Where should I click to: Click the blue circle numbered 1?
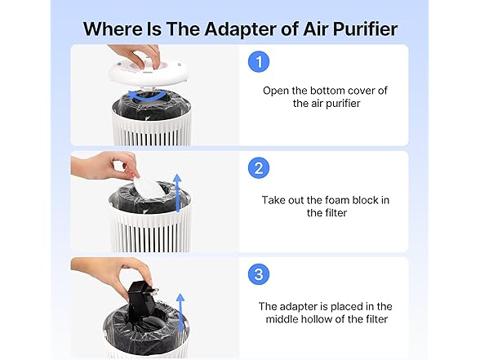259,61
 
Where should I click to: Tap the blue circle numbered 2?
259,168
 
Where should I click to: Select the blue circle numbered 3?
259,274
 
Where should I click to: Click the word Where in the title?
113,29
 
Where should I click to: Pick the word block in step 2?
365,200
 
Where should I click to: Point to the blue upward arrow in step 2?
178,193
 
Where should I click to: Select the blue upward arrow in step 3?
180,313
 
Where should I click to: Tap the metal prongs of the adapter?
154,291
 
